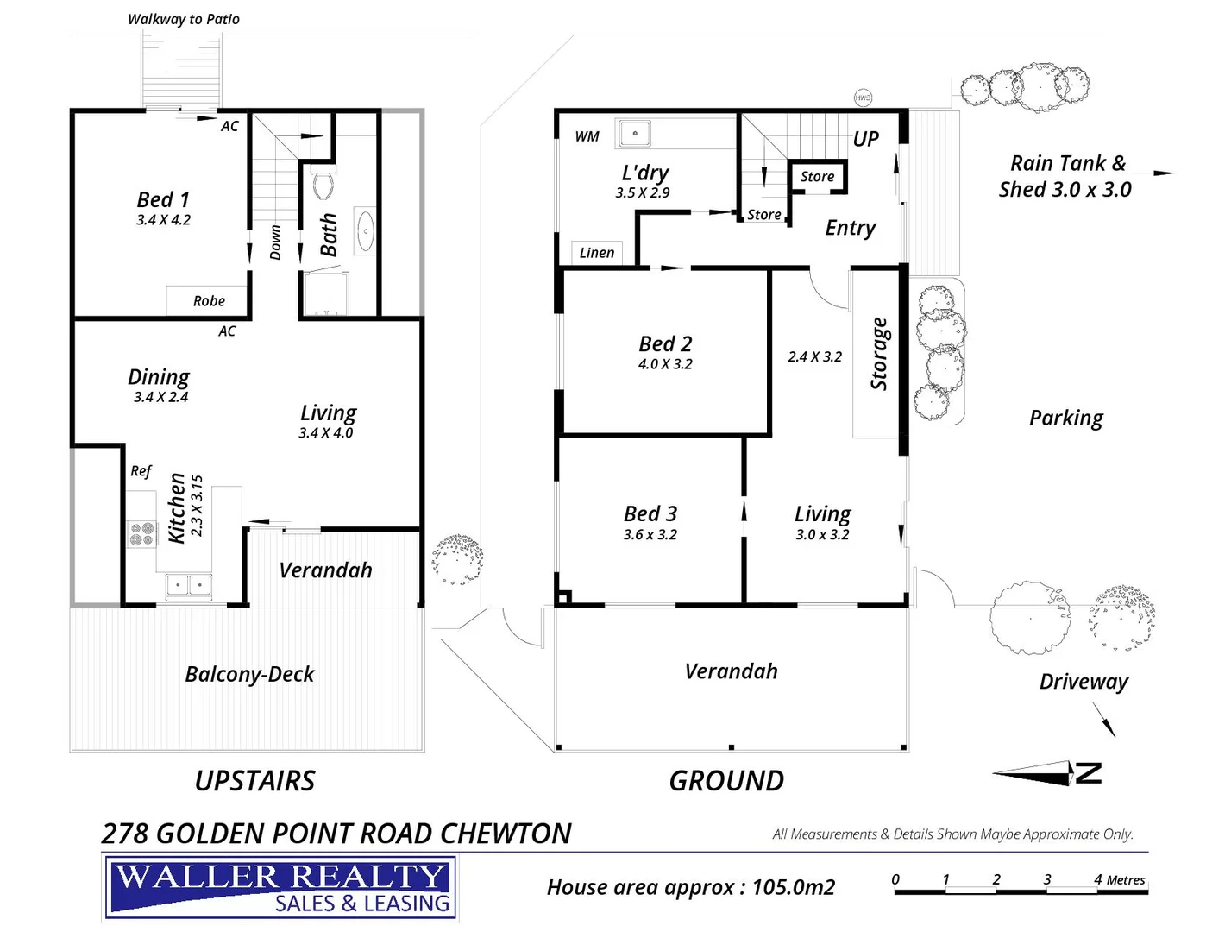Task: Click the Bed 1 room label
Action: pyautogui.click(x=163, y=199)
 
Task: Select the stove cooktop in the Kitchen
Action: pyautogui.click(x=141, y=535)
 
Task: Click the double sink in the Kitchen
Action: pyautogui.click(x=189, y=586)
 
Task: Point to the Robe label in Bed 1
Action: pyautogui.click(x=209, y=301)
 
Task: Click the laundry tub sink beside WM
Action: pyautogui.click(x=634, y=134)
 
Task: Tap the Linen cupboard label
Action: pyautogui.click(x=597, y=253)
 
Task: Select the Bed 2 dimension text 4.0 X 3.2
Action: pyautogui.click(x=665, y=364)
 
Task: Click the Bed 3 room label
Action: pyautogui.click(x=650, y=513)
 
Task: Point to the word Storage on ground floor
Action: pyautogui.click(x=879, y=354)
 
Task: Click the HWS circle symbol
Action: pyautogui.click(x=863, y=98)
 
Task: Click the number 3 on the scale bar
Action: pyautogui.click(x=1047, y=879)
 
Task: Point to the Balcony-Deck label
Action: pyautogui.click(x=250, y=674)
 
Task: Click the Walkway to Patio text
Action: pyautogui.click(x=184, y=19)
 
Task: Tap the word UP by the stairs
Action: pyautogui.click(x=865, y=139)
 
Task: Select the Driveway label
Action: pyautogui.click(x=1084, y=682)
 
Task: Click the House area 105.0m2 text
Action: pyautogui.click(x=690, y=887)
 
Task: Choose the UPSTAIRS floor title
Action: pyautogui.click(x=254, y=781)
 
